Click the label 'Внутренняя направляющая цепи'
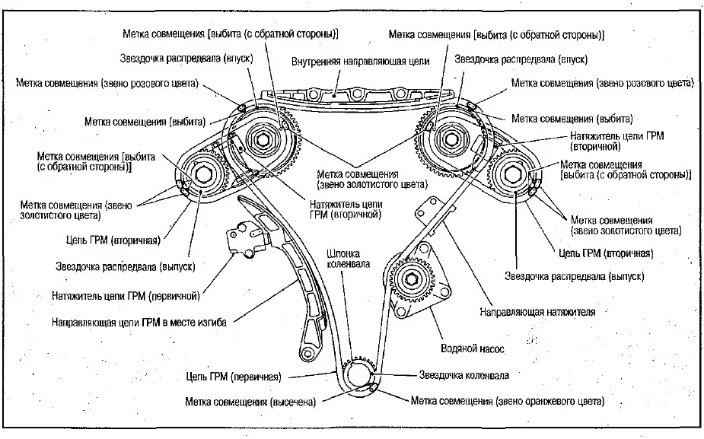[x=361, y=62]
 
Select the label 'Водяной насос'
[x=473, y=348]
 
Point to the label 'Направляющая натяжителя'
[x=537, y=312]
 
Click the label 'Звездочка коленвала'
[x=463, y=375]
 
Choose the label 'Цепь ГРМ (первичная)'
[x=234, y=377]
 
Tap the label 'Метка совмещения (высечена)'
[x=250, y=402]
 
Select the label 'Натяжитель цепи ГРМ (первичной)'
[x=126, y=296]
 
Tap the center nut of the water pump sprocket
[x=411, y=279]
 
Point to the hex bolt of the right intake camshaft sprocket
[x=450, y=139]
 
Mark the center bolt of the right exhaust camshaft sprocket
[x=513, y=174]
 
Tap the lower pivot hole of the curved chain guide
[x=307, y=353]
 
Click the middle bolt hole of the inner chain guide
[x=357, y=94]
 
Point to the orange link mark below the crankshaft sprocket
[x=373, y=388]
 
